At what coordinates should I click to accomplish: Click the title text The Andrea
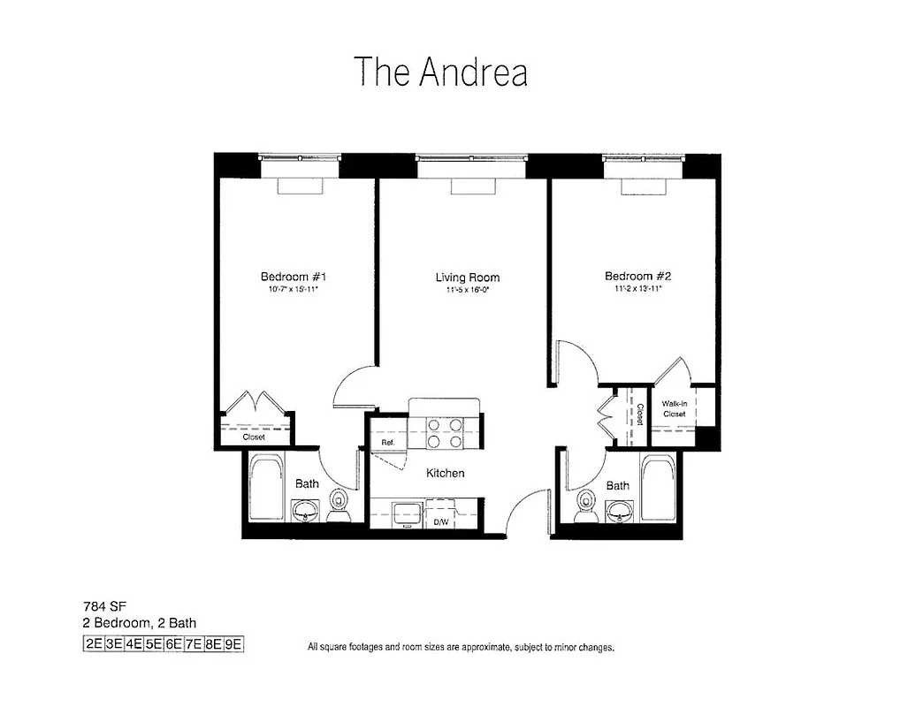(440, 72)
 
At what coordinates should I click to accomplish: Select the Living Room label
(467, 277)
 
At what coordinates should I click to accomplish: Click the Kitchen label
(445, 473)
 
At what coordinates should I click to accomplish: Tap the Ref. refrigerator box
(387, 442)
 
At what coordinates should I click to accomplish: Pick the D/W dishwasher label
(439, 522)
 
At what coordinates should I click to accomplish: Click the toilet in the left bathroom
(338, 506)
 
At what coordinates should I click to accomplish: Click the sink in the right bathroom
(621, 510)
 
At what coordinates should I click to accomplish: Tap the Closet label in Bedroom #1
(255, 437)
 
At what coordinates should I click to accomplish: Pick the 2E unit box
(93, 644)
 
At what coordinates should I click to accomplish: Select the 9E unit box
(233, 644)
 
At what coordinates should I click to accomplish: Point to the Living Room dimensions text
(467, 289)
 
